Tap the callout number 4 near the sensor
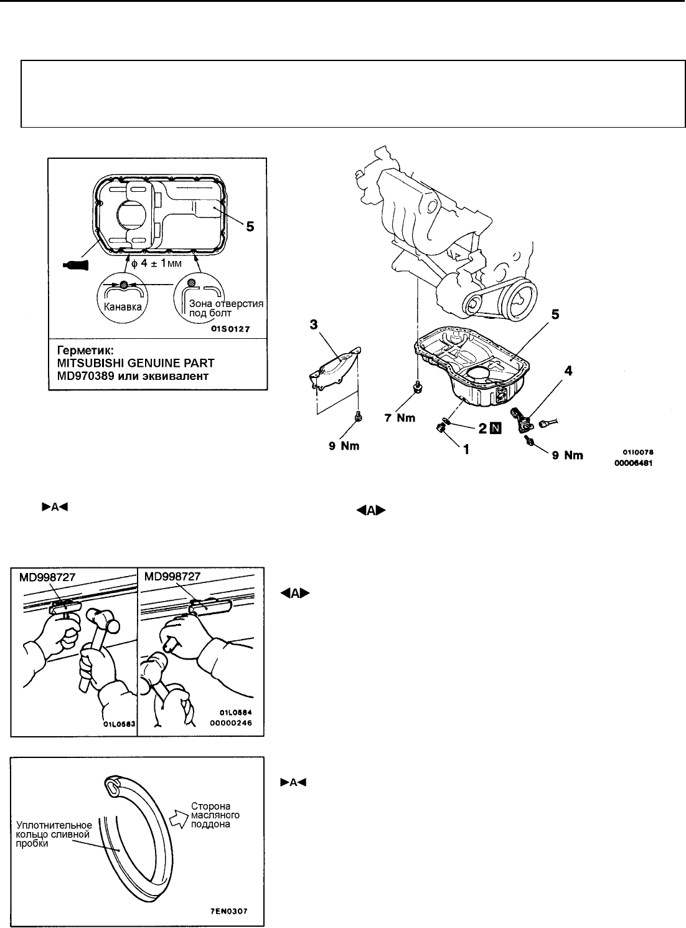(x=567, y=371)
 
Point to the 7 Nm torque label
(x=399, y=418)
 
